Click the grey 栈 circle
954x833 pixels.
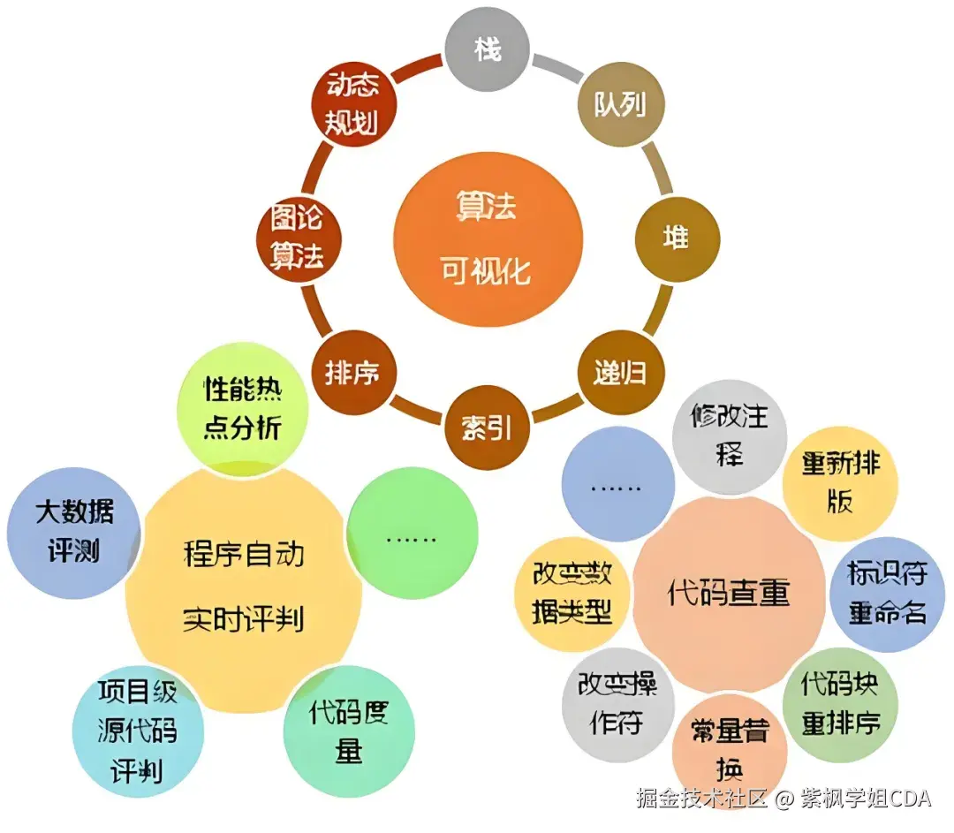(x=487, y=49)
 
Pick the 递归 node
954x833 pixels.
(x=619, y=372)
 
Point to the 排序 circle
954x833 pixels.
(x=352, y=372)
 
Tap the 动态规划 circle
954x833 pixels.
(x=353, y=104)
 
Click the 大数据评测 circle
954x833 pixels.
(x=74, y=533)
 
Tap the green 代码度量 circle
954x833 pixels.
(x=349, y=731)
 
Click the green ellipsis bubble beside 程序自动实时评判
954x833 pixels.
(x=412, y=535)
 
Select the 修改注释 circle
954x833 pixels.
(x=730, y=435)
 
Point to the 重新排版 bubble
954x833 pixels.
(x=840, y=482)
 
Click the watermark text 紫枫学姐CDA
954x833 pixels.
(x=866, y=799)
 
